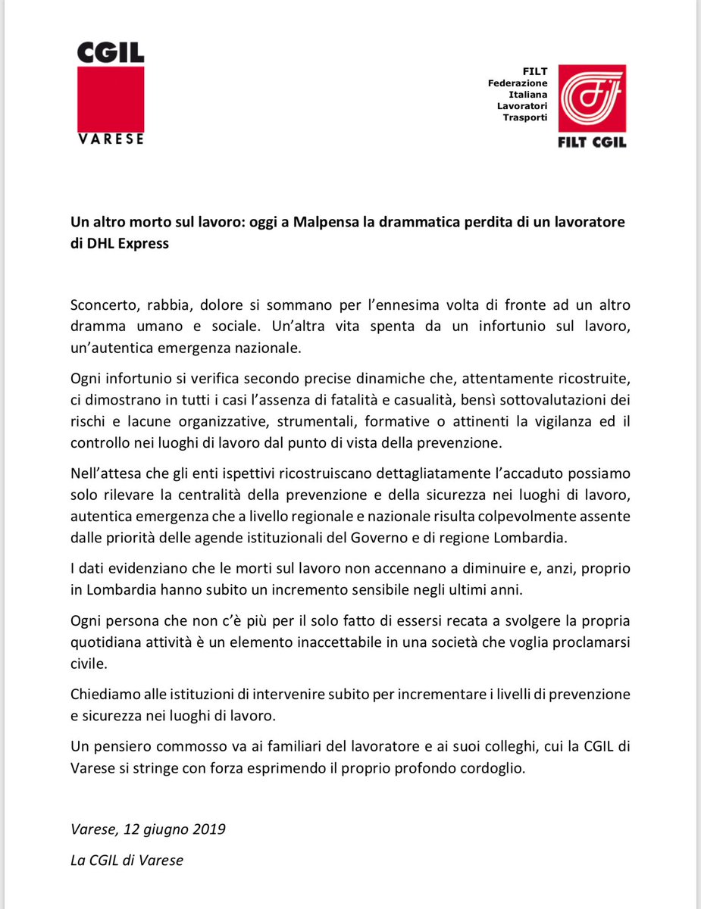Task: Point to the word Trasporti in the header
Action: coord(525,118)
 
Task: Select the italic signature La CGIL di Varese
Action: coord(127,861)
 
